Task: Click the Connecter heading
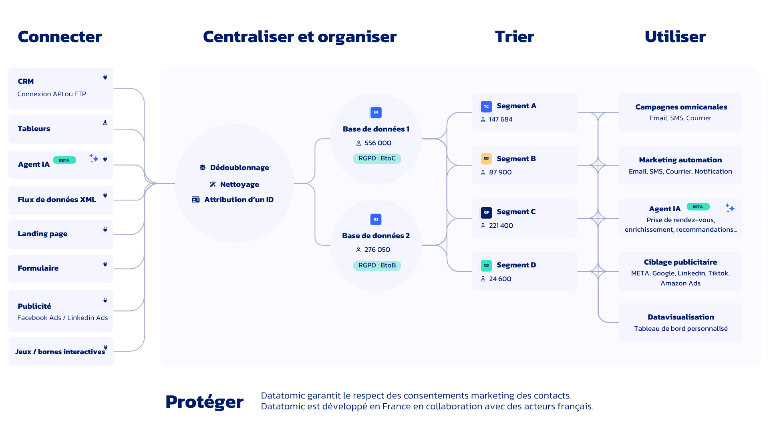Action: (x=60, y=36)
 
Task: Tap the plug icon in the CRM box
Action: (x=105, y=77)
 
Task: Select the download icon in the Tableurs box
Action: (x=105, y=123)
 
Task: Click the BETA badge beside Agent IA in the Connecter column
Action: (x=64, y=160)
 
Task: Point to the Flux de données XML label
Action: (x=57, y=200)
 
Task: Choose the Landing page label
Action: (x=42, y=234)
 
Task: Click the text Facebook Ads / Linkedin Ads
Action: (x=62, y=318)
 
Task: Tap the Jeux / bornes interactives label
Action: (x=60, y=352)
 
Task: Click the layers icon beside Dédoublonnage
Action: (x=203, y=168)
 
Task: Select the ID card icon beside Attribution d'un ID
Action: (x=195, y=200)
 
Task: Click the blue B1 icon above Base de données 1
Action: (x=376, y=112)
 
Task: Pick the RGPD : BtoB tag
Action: (x=377, y=265)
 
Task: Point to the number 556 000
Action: (x=378, y=143)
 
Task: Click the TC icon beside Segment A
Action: (x=486, y=106)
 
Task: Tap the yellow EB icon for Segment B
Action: (x=486, y=159)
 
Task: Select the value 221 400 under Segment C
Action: (x=501, y=226)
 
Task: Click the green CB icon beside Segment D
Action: (x=486, y=265)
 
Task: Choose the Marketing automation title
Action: (x=680, y=160)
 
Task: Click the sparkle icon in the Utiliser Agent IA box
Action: (x=730, y=208)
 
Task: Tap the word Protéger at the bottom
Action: (x=204, y=402)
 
